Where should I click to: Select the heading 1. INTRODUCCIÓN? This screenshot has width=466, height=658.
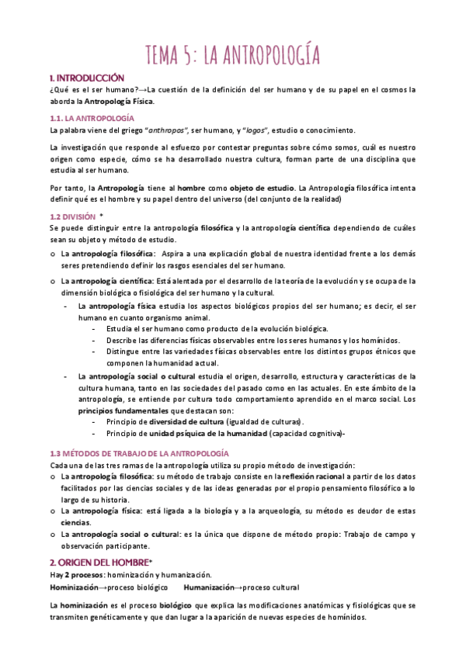86,78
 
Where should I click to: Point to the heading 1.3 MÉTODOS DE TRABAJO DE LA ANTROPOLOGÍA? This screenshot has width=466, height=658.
138,452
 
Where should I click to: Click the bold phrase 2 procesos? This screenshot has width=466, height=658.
85,574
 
